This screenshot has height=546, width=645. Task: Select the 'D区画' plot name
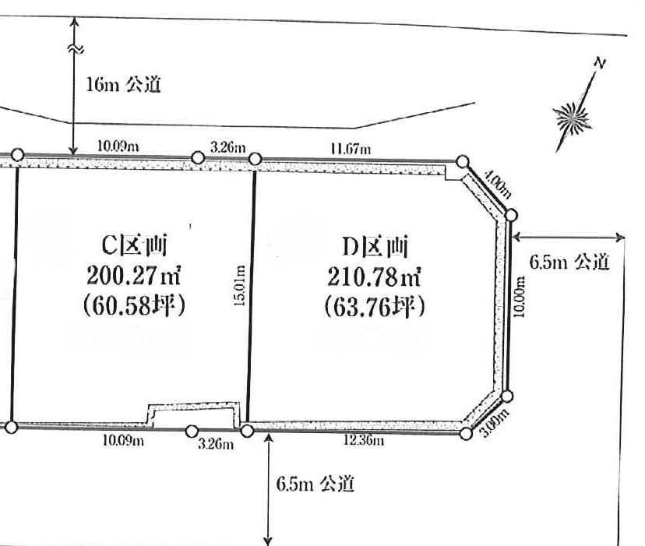coord(375,247)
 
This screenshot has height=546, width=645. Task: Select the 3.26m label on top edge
coord(228,147)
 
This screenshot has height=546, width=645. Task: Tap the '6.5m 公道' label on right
coord(569,262)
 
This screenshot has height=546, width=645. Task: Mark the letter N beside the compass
coord(599,63)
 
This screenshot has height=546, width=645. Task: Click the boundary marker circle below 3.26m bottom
coord(192,430)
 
